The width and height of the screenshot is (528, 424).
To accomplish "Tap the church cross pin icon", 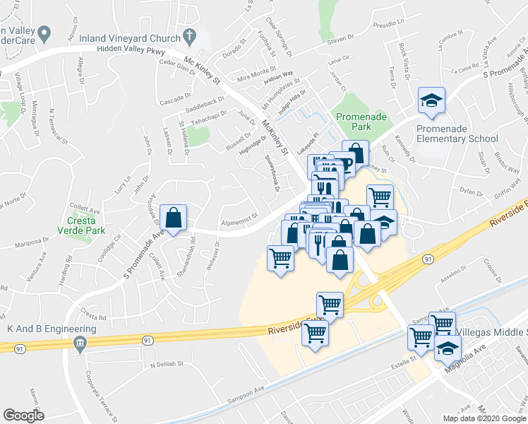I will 189,35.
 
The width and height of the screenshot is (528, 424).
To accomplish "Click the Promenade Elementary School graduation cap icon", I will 431,101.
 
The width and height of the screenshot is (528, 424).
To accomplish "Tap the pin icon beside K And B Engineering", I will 79,344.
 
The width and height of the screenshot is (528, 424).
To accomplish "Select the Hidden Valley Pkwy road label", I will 133,54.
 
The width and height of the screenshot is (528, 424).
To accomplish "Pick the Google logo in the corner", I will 24,415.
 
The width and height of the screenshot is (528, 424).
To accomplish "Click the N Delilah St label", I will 166,365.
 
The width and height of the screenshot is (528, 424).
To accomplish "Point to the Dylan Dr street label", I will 470,191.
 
